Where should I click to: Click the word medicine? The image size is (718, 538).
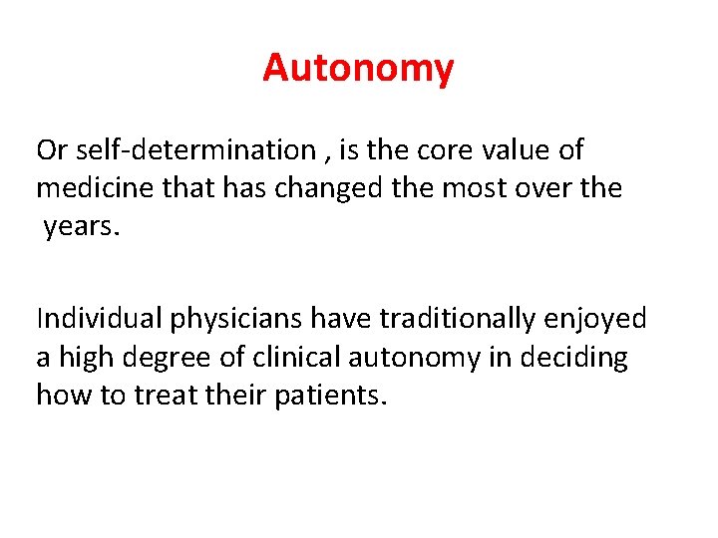pos(97,188)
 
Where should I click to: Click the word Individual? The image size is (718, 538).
pos(99,319)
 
